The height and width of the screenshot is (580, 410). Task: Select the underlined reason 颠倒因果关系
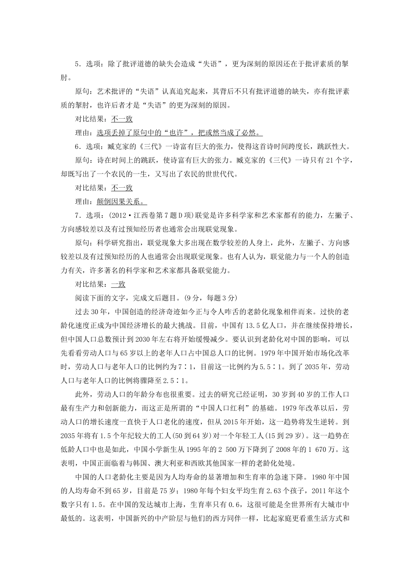point(122,202)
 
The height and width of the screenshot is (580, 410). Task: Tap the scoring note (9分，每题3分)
point(210,298)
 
